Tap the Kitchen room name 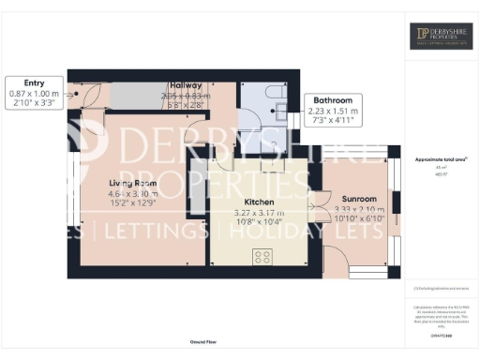point(259,202)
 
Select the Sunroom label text point(358,200)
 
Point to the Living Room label point(131,183)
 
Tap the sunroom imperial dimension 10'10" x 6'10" point(358,219)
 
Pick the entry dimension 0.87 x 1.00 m point(33,94)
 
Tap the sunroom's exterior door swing point(336,261)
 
